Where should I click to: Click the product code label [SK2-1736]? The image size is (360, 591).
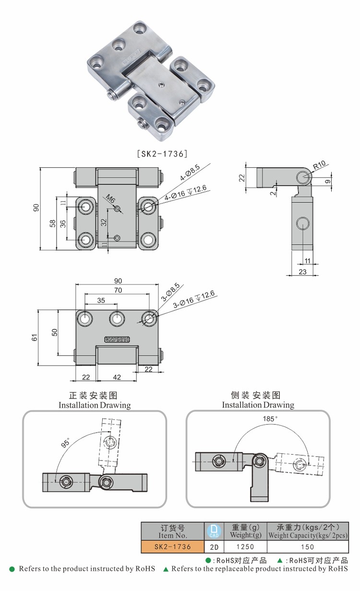click(x=162, y=154)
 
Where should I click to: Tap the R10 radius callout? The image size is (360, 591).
click(x=319, y=165)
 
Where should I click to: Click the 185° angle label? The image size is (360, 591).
click(x=270, y=419)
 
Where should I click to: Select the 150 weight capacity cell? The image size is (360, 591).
click(x=307, y=546)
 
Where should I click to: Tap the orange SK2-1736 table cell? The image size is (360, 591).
click(x=172, y=546)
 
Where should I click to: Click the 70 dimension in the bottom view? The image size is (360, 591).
click(x=118, y=290)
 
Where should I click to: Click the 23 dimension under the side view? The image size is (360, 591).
click(x=303, y=272)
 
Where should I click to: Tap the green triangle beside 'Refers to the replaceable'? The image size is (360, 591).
click(x=166, y=569)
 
